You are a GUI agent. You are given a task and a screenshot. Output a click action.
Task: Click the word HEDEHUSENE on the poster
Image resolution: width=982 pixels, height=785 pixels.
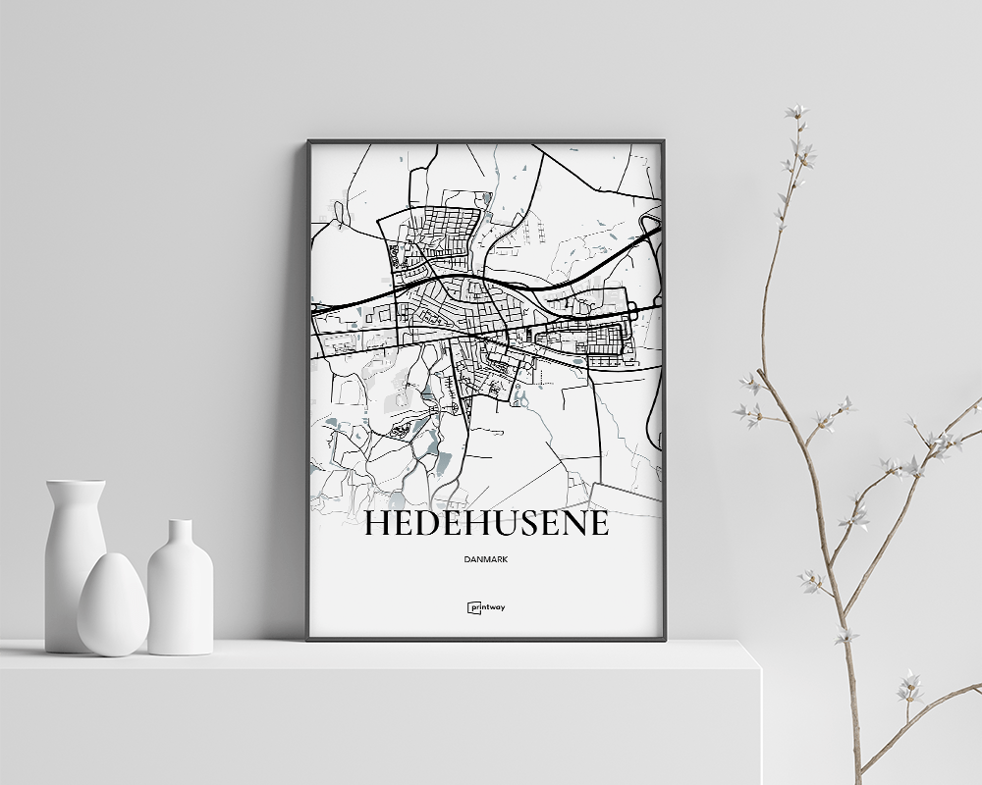(486, 524)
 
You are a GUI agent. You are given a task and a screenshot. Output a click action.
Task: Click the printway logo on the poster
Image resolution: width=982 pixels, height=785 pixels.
(486, 607)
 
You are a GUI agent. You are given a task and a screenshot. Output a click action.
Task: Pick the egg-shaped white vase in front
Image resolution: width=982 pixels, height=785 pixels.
(113, 605)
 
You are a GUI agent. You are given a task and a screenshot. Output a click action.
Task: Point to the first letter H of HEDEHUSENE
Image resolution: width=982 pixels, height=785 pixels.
(376, 524)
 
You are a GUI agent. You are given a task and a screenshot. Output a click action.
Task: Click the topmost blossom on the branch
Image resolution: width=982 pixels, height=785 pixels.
(796, 112)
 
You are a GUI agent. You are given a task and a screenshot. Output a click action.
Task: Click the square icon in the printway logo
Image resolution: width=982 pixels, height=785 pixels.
(472, 607)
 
